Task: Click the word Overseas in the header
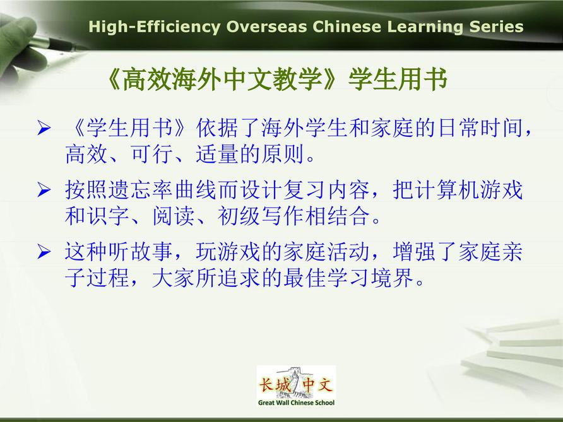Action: point(266,27)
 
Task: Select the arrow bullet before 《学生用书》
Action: point(44,128)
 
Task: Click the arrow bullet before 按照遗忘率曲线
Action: point(44,190)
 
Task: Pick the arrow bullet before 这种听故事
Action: point(44,252)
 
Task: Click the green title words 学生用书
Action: point(398,79)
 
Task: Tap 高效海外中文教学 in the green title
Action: point(222,79)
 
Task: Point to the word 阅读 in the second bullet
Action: point(174,216)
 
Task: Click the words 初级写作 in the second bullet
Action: point(261,216)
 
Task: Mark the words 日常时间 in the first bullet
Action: point(480,128)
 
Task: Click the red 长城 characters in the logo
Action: point(275,385)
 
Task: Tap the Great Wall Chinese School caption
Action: point(296,402)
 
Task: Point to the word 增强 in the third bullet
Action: point(414,252)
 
